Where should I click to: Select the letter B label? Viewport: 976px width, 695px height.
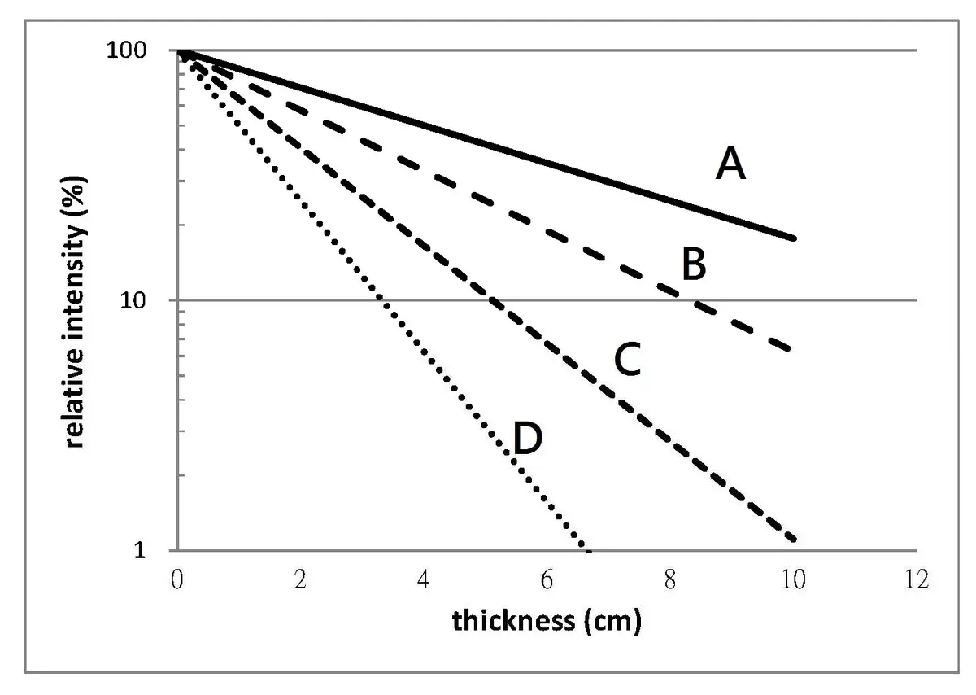pos(693,265)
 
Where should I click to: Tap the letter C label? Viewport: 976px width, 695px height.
pos(627,361)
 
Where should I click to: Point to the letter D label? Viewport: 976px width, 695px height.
pos(528,440)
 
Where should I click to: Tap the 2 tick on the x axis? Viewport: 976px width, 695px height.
pos(301,579)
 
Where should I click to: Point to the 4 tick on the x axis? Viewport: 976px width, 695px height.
pos(424,579)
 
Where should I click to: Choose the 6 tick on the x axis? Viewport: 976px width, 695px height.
pos(547,579)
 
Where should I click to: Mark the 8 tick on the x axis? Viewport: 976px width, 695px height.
pos(670,579)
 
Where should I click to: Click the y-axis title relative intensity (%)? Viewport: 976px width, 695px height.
pos(76,300)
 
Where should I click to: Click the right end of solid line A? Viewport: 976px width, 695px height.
pos(794,238)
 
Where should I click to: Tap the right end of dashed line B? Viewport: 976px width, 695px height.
pos(791,350)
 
